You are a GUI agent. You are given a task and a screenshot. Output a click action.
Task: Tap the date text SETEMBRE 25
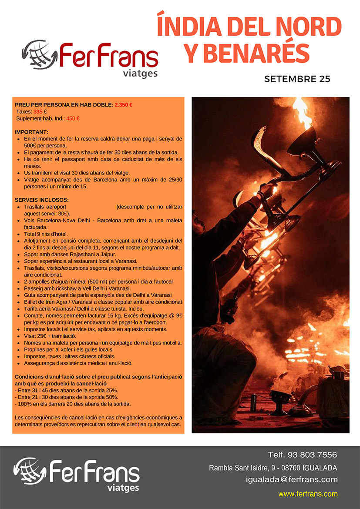297,80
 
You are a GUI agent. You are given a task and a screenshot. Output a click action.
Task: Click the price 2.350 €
124,105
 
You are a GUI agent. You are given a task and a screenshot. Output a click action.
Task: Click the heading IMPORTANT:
31,132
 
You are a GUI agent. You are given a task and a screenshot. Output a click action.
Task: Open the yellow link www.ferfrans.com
308,494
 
